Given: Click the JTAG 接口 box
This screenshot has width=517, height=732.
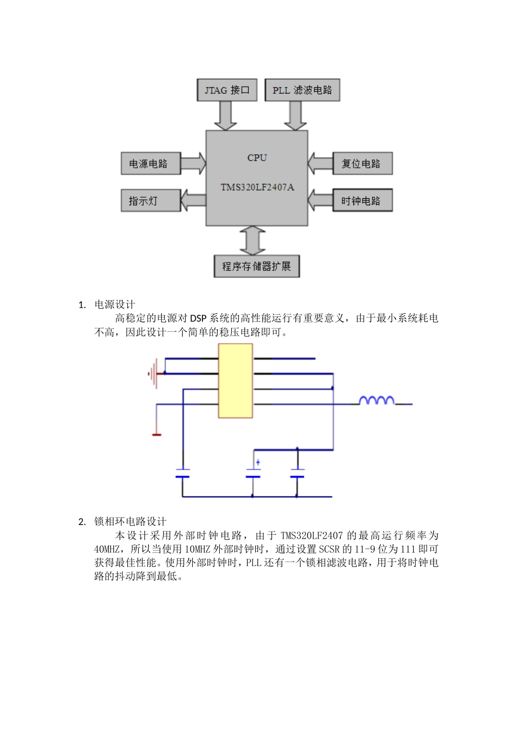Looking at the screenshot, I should coord(226,90).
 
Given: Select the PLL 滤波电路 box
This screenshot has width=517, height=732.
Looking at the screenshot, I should coord(302,90).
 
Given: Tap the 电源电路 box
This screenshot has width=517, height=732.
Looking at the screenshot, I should coord(150,163).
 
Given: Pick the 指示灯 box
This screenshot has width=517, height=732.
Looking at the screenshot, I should coord(150,200).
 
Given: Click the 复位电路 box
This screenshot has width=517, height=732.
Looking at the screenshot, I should coord(362,163).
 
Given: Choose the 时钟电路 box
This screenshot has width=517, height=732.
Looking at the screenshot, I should coord(362,200).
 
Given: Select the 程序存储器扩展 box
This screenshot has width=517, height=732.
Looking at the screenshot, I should coord(256,266).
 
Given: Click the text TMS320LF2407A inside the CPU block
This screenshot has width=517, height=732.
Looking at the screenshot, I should coord(257,187).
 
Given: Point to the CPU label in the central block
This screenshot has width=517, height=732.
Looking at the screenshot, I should coord(257,158).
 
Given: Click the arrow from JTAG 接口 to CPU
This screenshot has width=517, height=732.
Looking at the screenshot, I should coord(225,115).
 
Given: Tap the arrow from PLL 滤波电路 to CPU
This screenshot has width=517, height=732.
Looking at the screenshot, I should coord(296,115).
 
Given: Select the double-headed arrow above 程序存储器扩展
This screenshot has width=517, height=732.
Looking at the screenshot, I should coord(253,240).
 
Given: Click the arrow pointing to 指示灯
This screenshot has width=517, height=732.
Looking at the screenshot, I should coord(193,200).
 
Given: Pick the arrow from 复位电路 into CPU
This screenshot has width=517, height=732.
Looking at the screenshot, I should coord(320,163).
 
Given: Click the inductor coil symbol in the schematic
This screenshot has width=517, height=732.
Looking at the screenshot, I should coord(377,401).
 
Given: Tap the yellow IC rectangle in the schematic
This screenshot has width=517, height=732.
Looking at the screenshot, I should coord(235,381).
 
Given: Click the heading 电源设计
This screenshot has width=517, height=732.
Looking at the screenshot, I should coord(115,304).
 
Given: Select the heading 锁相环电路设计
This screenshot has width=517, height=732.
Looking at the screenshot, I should coord(131,522).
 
